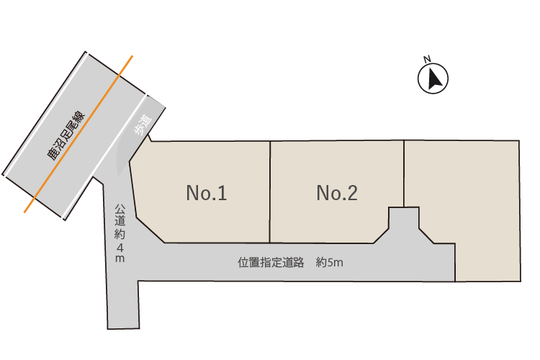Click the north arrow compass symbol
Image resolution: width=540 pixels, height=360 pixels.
point(433,79)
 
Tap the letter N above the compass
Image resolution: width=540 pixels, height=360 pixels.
point(427,59)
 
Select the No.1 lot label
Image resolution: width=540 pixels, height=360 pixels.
point(207,193)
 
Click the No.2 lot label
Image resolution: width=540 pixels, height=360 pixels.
point(337,193)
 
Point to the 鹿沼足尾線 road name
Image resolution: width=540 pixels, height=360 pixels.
point(67,135)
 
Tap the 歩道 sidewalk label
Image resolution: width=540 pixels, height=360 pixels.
point(142,125)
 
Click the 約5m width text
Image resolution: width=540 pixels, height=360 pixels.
point(329,263)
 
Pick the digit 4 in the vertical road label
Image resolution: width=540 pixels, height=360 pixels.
point(120,246)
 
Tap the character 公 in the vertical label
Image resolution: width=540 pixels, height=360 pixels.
point(120,210)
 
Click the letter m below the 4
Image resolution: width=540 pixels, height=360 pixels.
point(120,258)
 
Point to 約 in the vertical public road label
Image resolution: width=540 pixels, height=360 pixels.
point(120,234)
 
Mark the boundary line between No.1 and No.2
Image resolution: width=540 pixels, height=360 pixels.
point(270,192)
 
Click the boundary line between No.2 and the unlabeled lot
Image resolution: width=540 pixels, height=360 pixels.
point(404,173)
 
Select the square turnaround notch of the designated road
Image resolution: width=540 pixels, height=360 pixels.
point(404,220)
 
